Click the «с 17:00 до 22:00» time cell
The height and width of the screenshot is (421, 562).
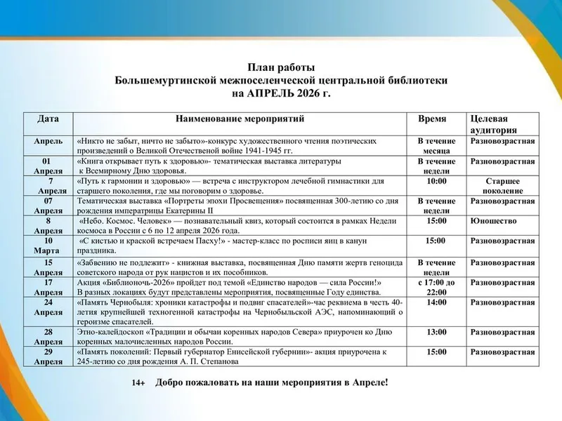coord(437,287)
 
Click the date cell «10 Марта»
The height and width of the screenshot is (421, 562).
coord(48,246)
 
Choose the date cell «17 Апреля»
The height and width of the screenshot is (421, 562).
coord(48,287)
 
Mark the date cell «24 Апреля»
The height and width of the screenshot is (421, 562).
coord(48,307)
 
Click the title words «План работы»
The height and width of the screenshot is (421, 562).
coord(281,68)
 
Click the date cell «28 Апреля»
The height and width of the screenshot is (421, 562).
coord(48,336)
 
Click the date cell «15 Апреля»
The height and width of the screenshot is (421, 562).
coord(48,267)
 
